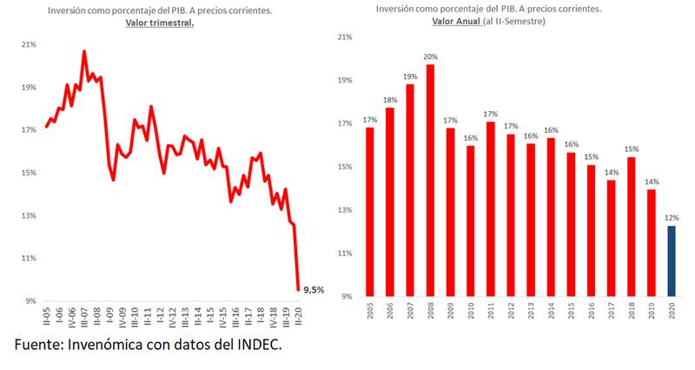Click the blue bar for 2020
coord(672,261)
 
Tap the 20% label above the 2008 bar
coord(430,56)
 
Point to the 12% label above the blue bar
coord(672,218)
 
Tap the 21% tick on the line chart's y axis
coord(28,45)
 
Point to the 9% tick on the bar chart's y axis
coord(346,296)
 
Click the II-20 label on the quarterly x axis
coord(299,316)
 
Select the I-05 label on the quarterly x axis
coord(46,316)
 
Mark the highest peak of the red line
coord(84,51)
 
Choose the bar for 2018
coord(632,226)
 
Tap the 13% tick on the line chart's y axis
coord(28,215)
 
